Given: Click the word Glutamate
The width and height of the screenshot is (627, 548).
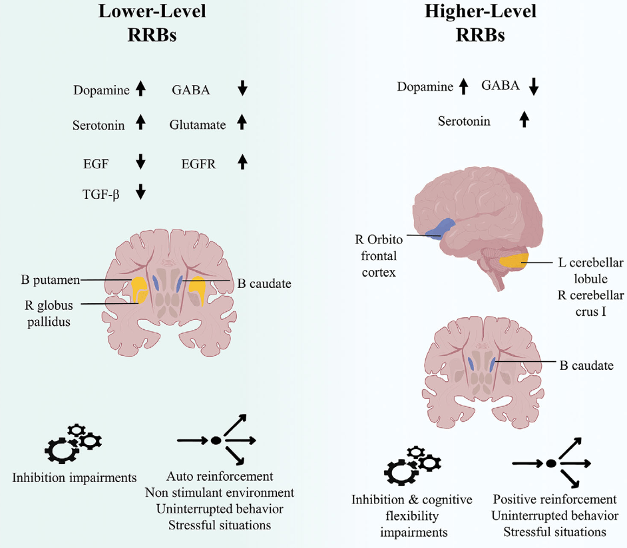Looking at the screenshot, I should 198,125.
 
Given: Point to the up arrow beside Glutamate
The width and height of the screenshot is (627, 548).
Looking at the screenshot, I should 242,123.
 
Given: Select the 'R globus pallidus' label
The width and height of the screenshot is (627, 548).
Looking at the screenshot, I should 47,314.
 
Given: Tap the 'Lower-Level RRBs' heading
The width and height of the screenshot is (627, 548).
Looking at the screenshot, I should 152,24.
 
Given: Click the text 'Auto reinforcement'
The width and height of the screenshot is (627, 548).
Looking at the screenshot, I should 220,477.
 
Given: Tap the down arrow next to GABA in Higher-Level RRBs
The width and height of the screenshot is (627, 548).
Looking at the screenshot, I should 532,86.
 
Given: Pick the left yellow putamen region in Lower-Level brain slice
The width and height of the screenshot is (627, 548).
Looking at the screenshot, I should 140,291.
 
